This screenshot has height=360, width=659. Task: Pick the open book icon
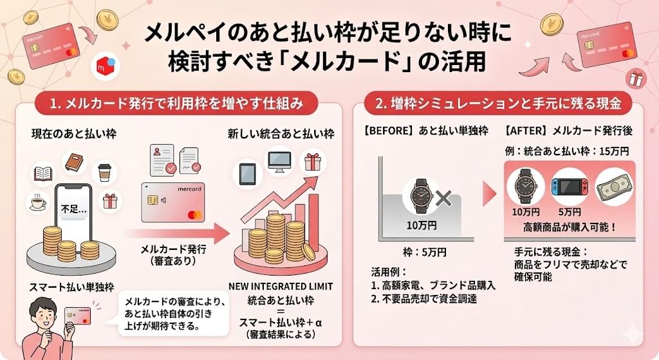click(x=44, y=173)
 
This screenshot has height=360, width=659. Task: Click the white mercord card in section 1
click(x=176, y=204)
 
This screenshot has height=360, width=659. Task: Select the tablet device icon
click(x=248, y=173)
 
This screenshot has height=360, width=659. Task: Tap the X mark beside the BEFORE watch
click(x=443, y=198)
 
